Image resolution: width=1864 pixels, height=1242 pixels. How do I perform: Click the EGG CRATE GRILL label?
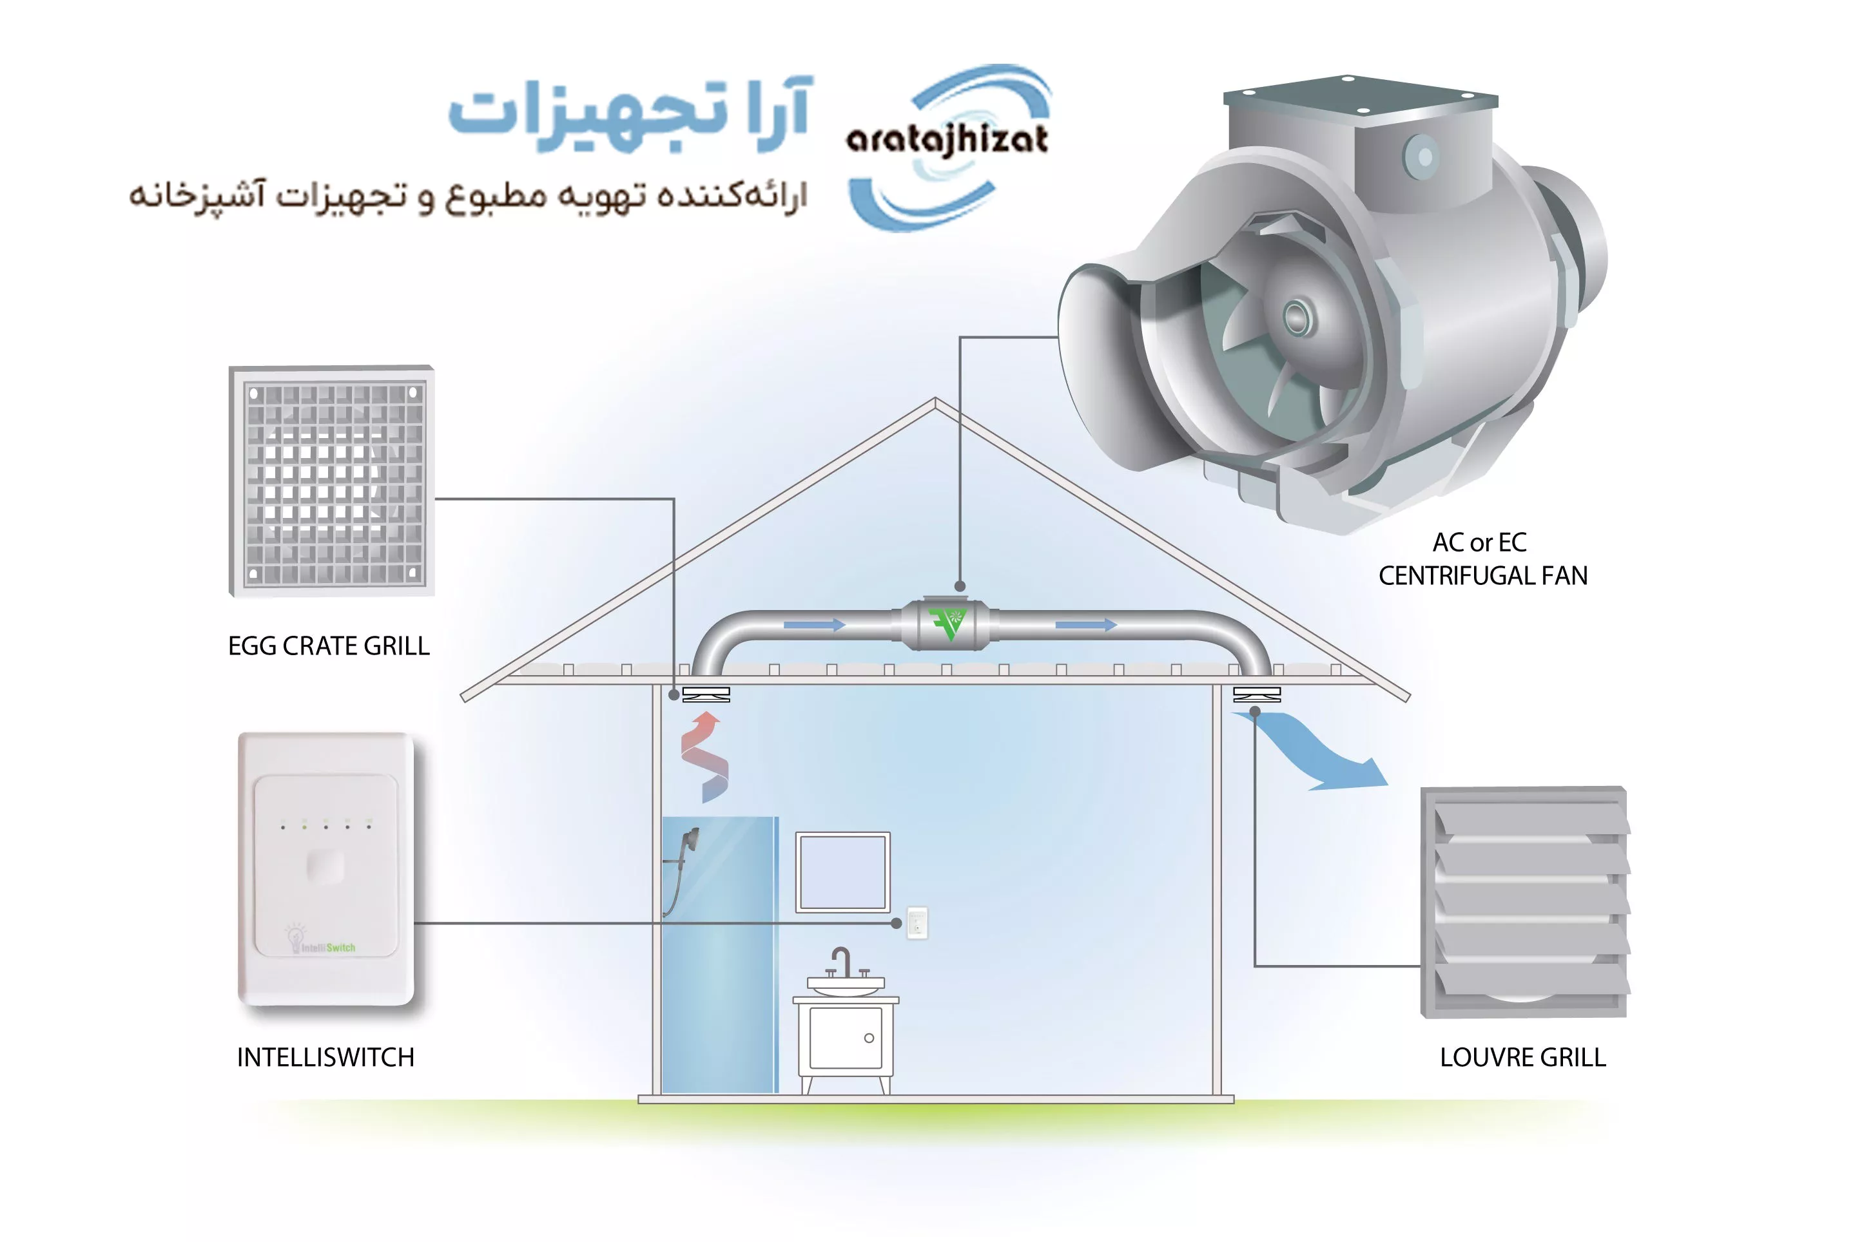[329, 646]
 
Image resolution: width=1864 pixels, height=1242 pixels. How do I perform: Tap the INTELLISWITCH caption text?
[325, 1058]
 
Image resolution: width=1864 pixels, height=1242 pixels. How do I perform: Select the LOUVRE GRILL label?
[1522, 1058]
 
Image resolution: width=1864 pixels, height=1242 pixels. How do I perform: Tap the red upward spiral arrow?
[704, 756]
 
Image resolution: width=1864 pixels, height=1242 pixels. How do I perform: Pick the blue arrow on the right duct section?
[1086, 626]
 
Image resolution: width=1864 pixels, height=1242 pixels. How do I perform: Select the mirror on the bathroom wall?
[842, 872]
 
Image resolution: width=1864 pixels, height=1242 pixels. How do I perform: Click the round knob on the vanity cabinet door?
[869, 1038]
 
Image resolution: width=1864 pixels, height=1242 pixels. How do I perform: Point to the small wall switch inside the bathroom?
[917, 922]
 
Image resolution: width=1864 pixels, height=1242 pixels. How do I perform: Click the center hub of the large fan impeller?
[1297, 318]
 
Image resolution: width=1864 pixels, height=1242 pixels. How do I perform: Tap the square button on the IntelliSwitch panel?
[325, 866]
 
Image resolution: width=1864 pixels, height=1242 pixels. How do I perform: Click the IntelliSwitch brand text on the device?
[329, 948]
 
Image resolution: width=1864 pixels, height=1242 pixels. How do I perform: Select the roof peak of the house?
[935, 403]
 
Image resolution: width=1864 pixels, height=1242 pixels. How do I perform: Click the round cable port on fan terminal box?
[1424, 156]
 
